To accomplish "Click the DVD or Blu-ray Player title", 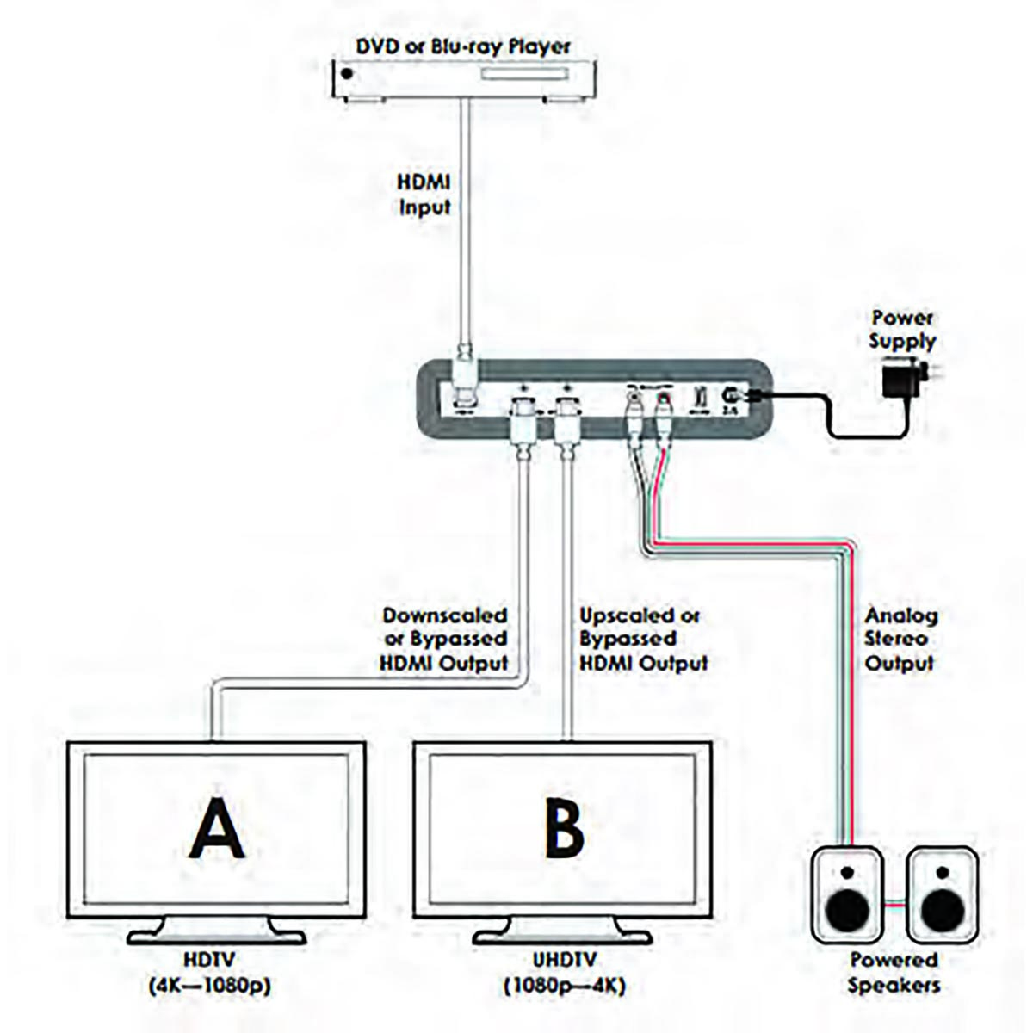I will (x=465, y=46).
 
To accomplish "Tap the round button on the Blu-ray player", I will (x=348, y=74).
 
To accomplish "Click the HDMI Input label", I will (x=424, y=195).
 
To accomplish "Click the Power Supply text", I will (x=902, y=330).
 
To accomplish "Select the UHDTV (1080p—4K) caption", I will (x=564, y=972).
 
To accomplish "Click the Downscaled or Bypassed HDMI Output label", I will (x=444, y=640).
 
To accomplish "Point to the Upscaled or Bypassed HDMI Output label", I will (x=642, y=640).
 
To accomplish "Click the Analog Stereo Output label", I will (x=900, y=640).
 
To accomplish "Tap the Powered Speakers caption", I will (x=894, y=972).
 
